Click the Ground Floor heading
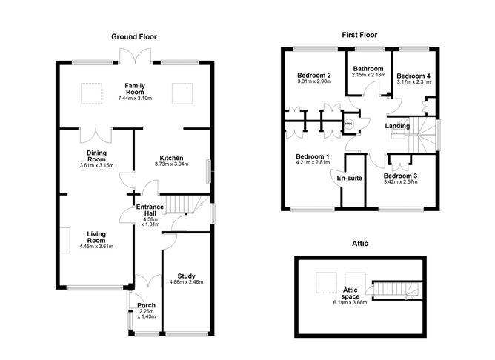coord(133,36)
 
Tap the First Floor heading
coord(359,35)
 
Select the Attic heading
coord(360,243)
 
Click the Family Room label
coord(134,86)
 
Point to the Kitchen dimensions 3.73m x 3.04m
coord(171,164)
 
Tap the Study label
coord(185,275)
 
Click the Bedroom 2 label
coord(313,76)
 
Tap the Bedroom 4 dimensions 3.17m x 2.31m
coord(412,83)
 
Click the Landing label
coord(398,127)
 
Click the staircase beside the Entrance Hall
coord(182,204)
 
